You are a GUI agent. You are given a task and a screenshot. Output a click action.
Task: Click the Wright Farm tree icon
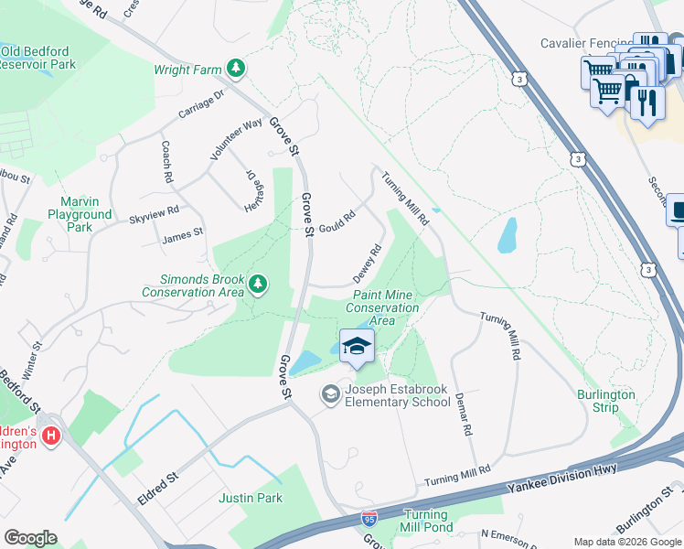click(x=236, y=69)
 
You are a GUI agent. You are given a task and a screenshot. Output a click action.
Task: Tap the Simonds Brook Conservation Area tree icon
click(x=259, y=285)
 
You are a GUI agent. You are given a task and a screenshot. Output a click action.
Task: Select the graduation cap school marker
click(x=355, y=346)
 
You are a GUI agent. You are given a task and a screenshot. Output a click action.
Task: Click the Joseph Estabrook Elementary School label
click(x=396, y=395)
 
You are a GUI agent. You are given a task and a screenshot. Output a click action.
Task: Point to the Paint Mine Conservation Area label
click(x=382, y=307)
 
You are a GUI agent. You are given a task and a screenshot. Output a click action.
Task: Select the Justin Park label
click(x=250, y=499)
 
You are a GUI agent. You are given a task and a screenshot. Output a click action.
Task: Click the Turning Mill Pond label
click(x=425, y=522)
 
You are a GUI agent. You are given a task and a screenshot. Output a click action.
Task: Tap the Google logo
click(x=31, y=538)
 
